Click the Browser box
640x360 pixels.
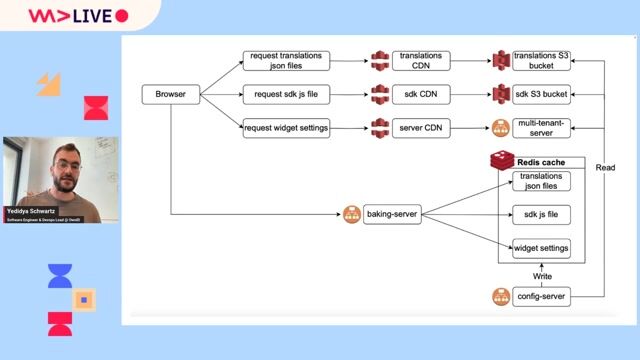coord(171,95)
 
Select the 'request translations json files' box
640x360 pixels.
coord(286,62)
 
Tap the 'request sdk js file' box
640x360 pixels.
coord(286,95)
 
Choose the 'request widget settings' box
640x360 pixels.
coord(286,128)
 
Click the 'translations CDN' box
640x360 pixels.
coord(421,62)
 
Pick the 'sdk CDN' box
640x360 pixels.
coord(421,95)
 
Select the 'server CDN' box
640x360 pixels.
coord(421,128)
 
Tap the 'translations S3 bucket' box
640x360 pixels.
coord(541,62)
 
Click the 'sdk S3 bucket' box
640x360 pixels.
coord(541,95)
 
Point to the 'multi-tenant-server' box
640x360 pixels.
coord(541,128)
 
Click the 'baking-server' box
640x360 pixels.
coord(392,214)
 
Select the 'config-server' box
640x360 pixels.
coord(541,296)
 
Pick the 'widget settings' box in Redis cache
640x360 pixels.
coord(541,247)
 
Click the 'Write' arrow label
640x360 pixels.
coord(541,276)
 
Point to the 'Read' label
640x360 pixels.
coord(605,168)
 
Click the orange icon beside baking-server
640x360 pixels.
coord(351,214)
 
